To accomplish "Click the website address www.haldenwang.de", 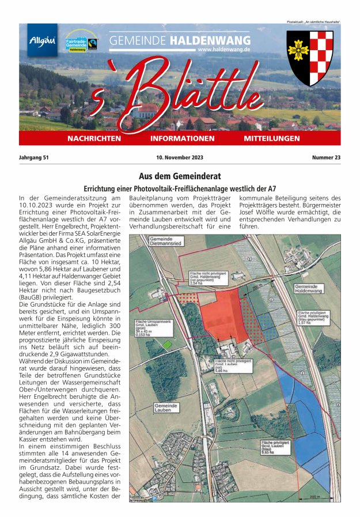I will [x=223, y=50].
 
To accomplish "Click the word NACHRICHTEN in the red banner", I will [x=94, y=139].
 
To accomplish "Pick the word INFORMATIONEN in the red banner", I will [x=182, y=139].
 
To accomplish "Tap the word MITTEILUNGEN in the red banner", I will [x=271, y=139].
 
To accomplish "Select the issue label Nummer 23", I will [x=326, y=157].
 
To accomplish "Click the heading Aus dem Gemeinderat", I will [x=180, y=176].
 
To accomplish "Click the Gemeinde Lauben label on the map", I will [x=166, y=407].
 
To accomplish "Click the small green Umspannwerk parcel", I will [x=167, y=344].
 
